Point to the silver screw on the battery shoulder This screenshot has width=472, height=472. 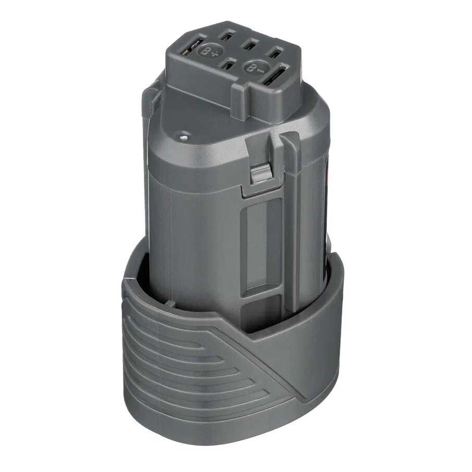click(x=183, y=138)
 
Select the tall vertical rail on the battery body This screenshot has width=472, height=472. click(x=289, y=224)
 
